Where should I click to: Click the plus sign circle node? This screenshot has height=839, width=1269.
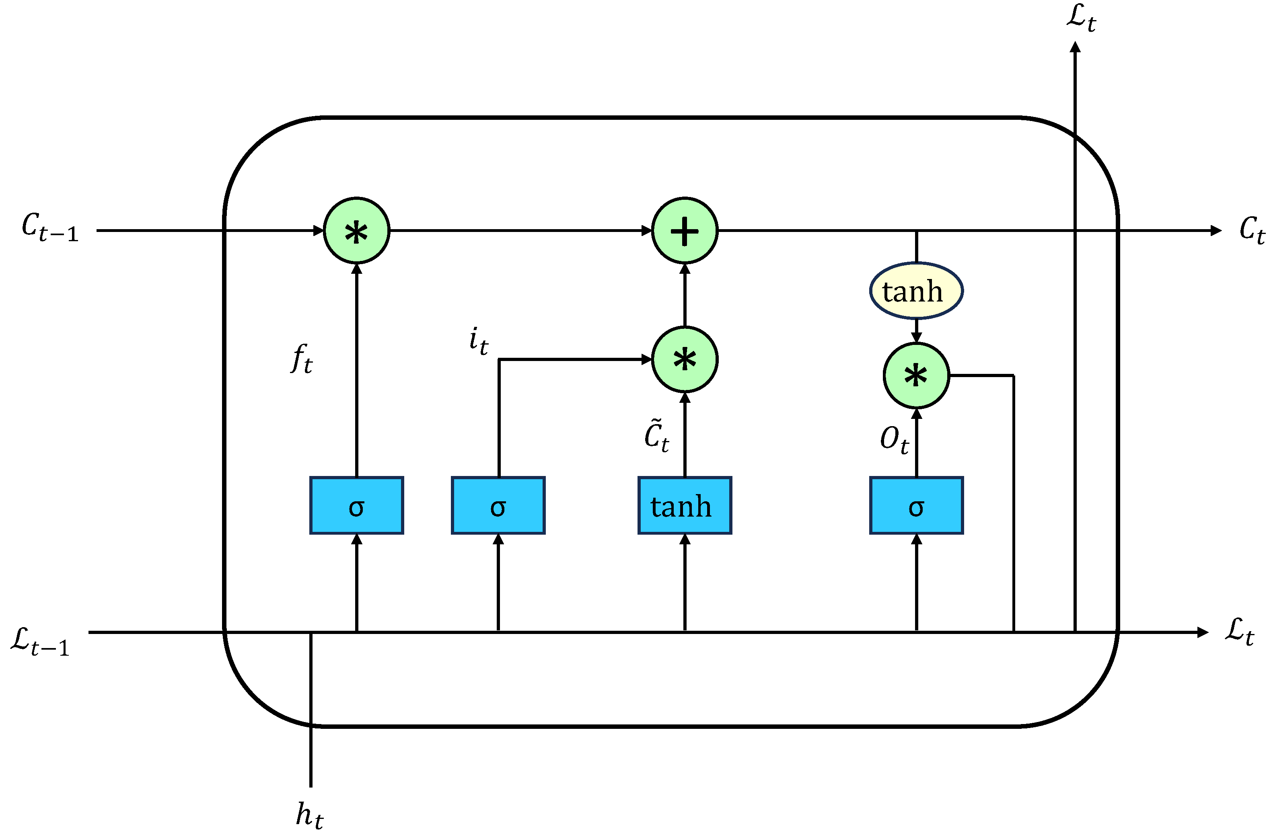685,231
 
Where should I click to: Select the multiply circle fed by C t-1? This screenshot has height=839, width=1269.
356,231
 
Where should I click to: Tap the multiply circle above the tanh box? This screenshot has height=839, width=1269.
685,359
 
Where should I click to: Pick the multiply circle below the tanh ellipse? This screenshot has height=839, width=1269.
916,375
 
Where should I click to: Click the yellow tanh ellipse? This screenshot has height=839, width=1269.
916,291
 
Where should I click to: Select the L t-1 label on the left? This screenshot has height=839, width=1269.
40,641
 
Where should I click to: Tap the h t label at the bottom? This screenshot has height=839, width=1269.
309,815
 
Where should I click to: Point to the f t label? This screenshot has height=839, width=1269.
301,359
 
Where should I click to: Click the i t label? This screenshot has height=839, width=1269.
478,341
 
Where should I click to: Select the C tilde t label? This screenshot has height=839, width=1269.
656,436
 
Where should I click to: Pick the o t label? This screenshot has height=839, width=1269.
894,440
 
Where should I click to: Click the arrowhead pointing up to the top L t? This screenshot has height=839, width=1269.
1075,47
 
